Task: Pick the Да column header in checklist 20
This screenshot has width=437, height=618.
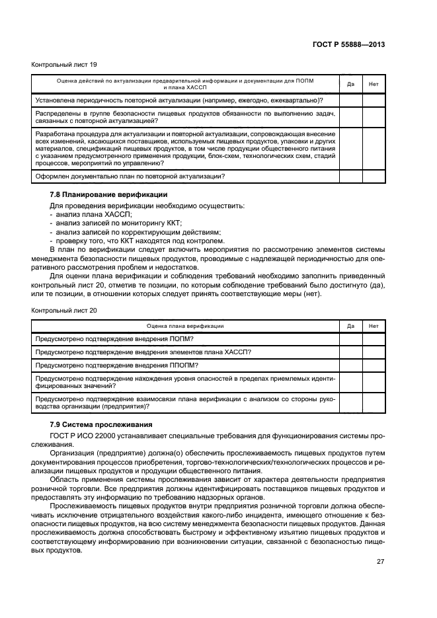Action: pos(350,326)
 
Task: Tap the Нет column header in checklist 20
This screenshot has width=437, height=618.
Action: pos(374,326)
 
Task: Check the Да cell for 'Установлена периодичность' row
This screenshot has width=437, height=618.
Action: pos(350,100)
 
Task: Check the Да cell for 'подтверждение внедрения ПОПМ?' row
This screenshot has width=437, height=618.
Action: pos(350,338)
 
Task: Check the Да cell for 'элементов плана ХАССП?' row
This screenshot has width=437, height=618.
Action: pos(350,352)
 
